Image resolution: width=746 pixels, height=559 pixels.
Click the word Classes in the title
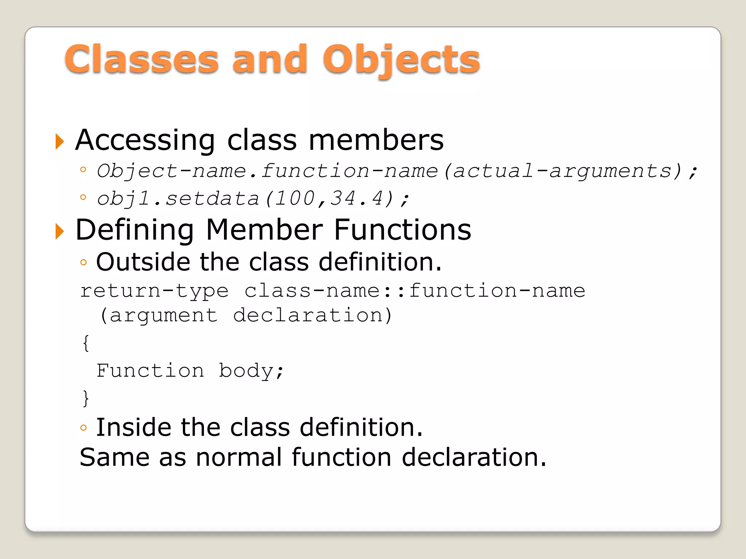(142, 59)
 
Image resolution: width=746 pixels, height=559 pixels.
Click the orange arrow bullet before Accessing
(59, 141)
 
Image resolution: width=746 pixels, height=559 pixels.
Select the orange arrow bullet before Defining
(59, 231)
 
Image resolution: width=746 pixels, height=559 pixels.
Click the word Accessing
(145, 140)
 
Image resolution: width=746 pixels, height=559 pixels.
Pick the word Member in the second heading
(264, 230)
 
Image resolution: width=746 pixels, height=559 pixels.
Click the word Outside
(143, 262)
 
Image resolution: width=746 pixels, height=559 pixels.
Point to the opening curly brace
(86, 343)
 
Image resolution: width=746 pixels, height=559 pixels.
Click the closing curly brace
(86, 398)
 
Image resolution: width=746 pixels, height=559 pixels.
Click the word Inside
(134, 427)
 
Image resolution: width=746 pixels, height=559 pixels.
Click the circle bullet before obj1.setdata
(83, 198)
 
